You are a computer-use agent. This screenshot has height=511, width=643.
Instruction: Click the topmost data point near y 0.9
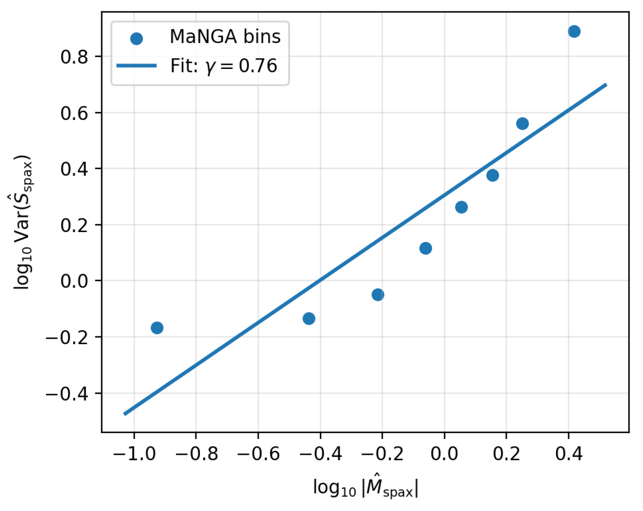[574, 31]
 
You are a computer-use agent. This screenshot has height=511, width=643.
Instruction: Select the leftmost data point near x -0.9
[157, 328]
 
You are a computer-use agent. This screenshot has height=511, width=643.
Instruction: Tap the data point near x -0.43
[309, 319]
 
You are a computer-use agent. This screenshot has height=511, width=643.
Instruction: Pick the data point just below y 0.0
[378, 295]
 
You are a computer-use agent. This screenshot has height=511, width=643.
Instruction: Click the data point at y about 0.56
[522, 124]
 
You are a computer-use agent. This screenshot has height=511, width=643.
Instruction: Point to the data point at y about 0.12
[426, 248]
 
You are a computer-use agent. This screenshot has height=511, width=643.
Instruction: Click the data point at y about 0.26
[462, 207]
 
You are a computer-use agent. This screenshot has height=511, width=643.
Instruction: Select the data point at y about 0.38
[493, 175]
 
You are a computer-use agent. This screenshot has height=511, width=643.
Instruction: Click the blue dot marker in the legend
[136, 38]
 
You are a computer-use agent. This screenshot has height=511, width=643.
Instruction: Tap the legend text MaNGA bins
[225, 37]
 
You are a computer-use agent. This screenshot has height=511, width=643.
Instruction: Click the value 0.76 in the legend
[258, 66]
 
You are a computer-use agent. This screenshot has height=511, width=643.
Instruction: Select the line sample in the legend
[136, 66]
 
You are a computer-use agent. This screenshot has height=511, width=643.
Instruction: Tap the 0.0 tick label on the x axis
[444, 454]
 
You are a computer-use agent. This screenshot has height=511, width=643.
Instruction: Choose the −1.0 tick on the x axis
[134, 454]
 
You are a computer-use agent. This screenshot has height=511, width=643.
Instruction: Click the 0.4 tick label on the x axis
[569, 454]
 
